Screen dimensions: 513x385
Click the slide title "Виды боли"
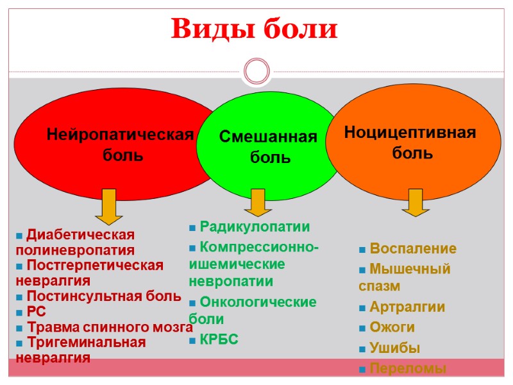(x=255, y=29)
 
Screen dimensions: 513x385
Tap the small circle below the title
(x=257, y=71)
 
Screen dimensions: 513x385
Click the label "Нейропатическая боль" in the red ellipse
(x=120, y=144)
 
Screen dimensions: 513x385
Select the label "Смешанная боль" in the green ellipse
(x=268, y=146)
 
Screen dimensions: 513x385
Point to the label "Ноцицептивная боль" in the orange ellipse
(x=410, y=142)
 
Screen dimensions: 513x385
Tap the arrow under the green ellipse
(x=258, y=202)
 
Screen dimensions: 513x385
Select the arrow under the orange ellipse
(x=416, y=202)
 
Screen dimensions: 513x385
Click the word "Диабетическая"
(x=80, y=234)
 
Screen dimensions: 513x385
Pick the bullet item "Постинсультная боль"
(x=103, y=296)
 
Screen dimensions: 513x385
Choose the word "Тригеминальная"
(x=87, y=343)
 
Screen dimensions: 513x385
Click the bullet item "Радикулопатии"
(x=255, y=227)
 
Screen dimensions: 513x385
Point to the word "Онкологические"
(x=258, y=302)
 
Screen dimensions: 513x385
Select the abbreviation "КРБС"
(x=219, y=339)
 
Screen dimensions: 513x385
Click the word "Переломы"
(x=407, y=369)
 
